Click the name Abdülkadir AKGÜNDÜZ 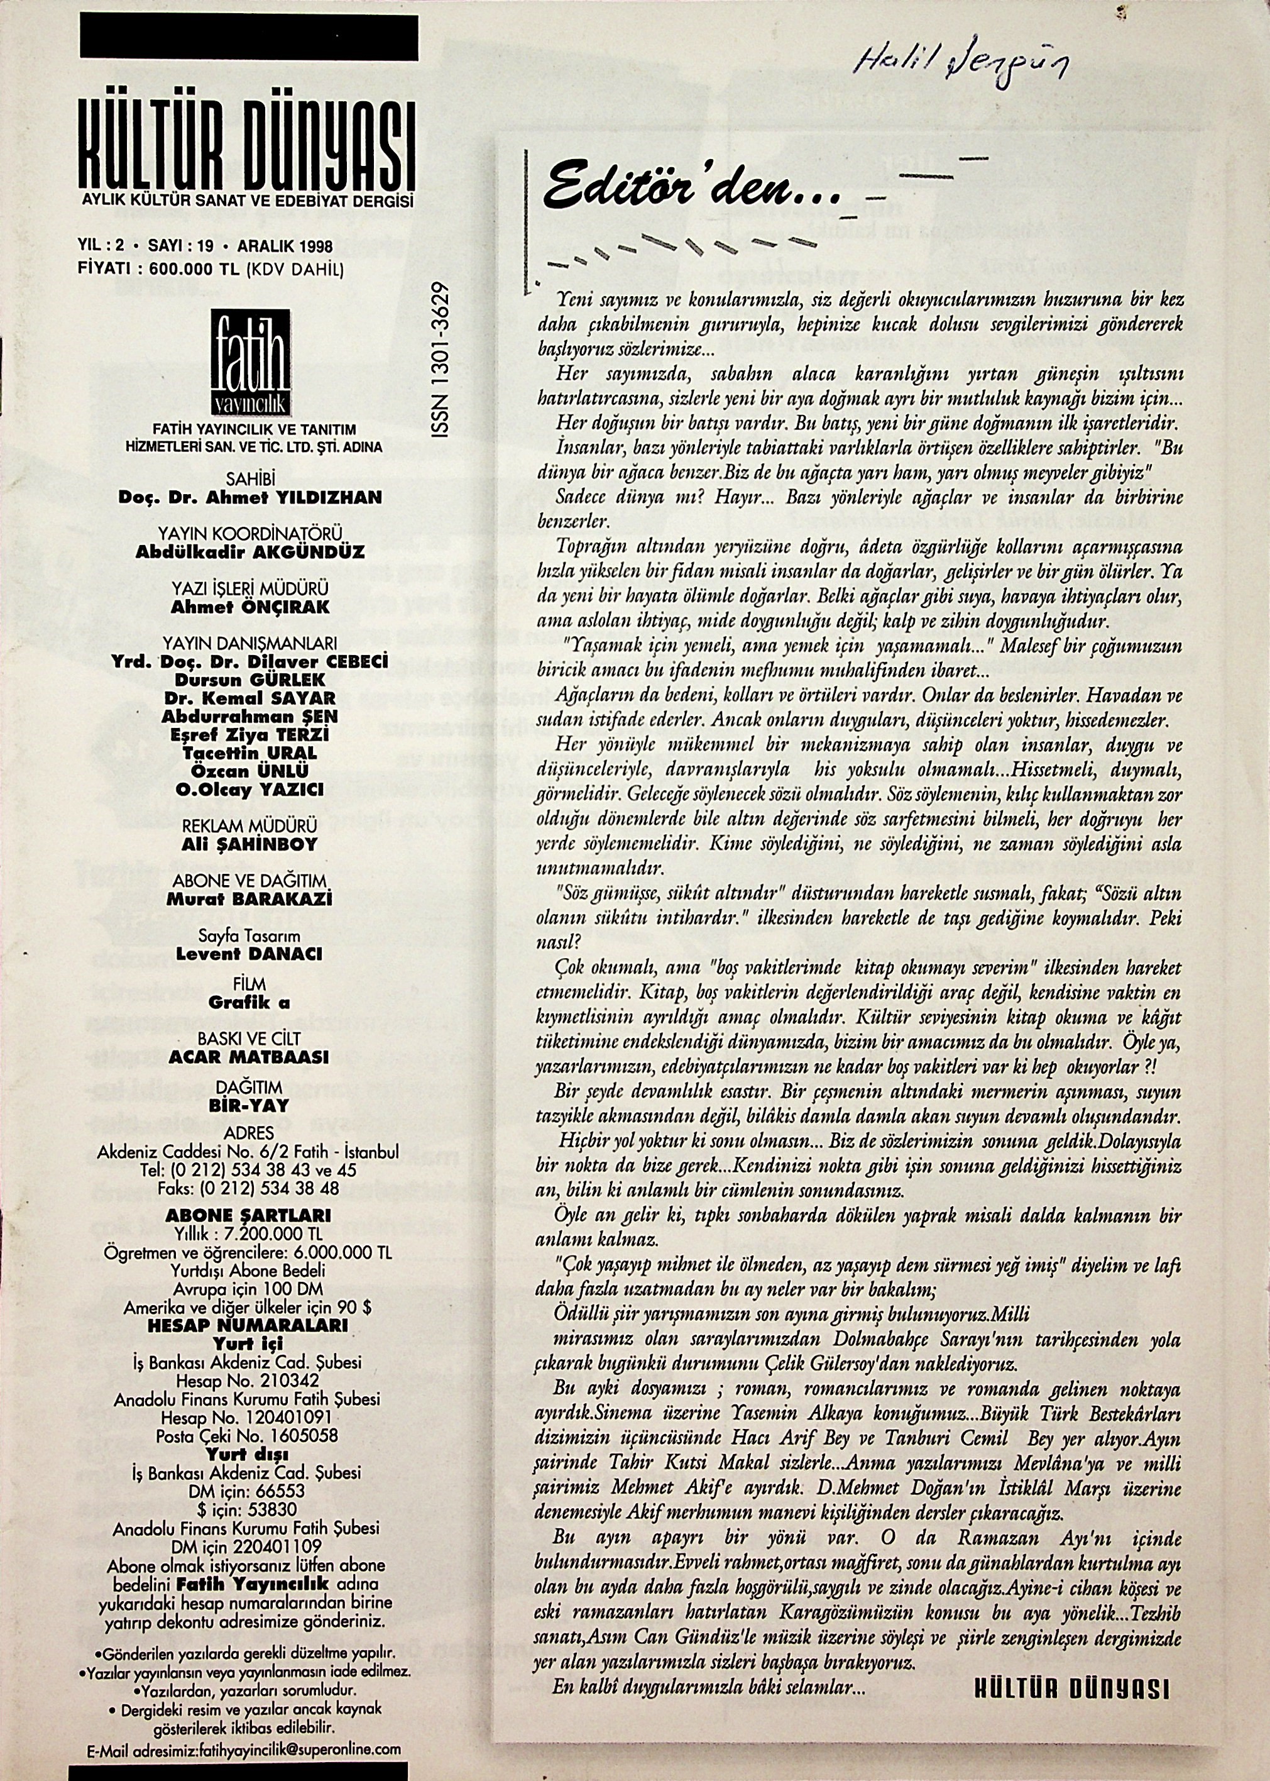click(x=250, y=552)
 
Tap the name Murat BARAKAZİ click(x=250, y=900)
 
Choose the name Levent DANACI click(x=250, y=954)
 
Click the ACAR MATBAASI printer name click(x=250, y=1057)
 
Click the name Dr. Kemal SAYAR click(x=250, y=698)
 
